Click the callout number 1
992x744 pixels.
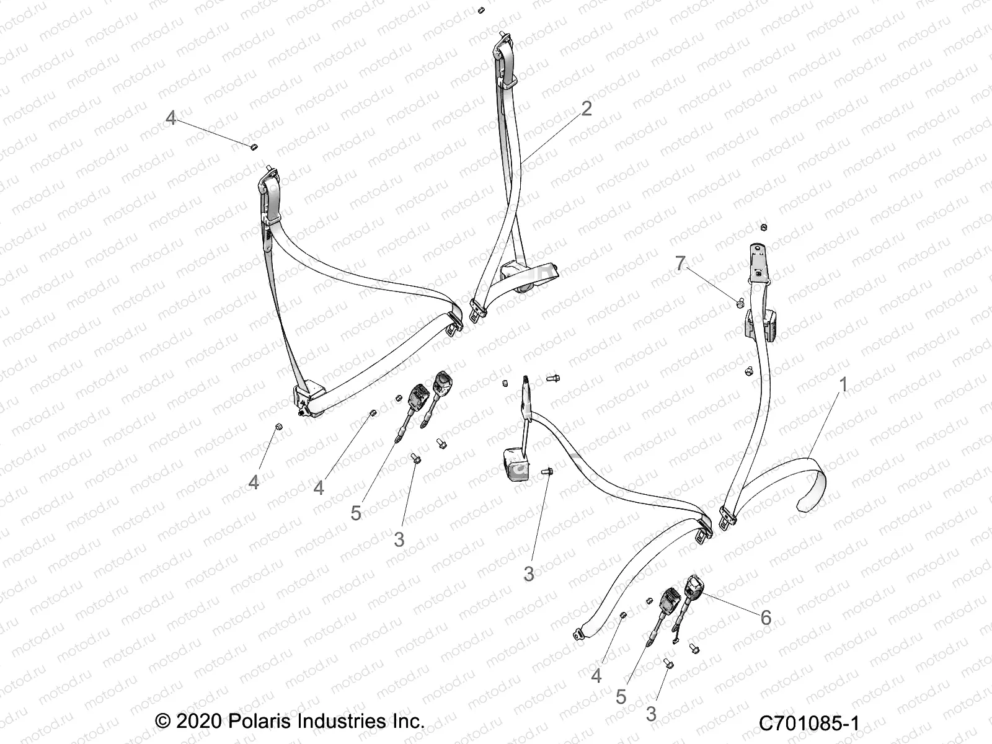tap(843, 385)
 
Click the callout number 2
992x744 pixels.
tap(586, 108)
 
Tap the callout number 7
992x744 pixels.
tap(681, 264)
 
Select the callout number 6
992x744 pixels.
tap(766, 617)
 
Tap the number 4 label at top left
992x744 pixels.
tap(171, 118)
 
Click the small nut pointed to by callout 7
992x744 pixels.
tap(740, 303)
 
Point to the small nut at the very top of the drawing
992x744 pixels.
tap(481, 10)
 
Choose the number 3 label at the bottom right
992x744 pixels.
tap(650, 714)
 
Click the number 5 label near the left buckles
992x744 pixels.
tap(356, 513)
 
